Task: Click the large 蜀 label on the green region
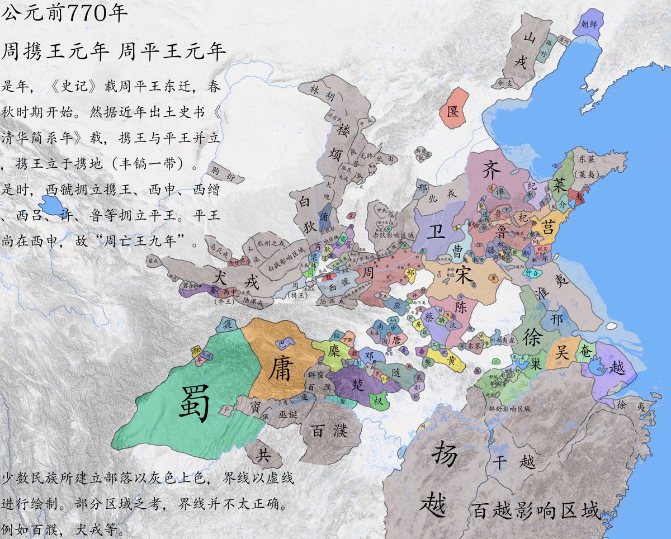194,401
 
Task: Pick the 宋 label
465,273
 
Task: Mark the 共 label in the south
263,455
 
